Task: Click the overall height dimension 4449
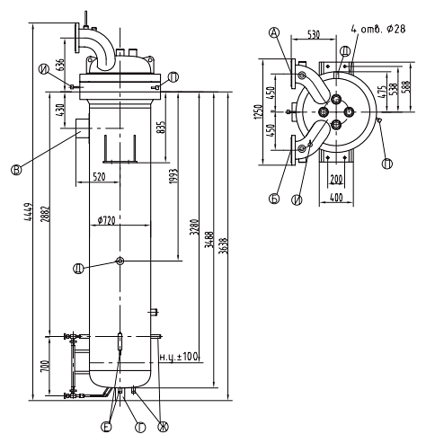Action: coord(28,212)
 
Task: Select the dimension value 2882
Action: coord(46,214)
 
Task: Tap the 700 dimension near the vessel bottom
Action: coord(45,366)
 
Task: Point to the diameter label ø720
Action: coord(107,220)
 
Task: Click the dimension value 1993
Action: coord(174,176)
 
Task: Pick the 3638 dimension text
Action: coord(224,245)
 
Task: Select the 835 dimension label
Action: coord(161,128)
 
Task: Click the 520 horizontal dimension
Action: coord(99,177)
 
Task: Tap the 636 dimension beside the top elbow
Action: coord(60,65)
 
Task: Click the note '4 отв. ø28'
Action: coord(378,29)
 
